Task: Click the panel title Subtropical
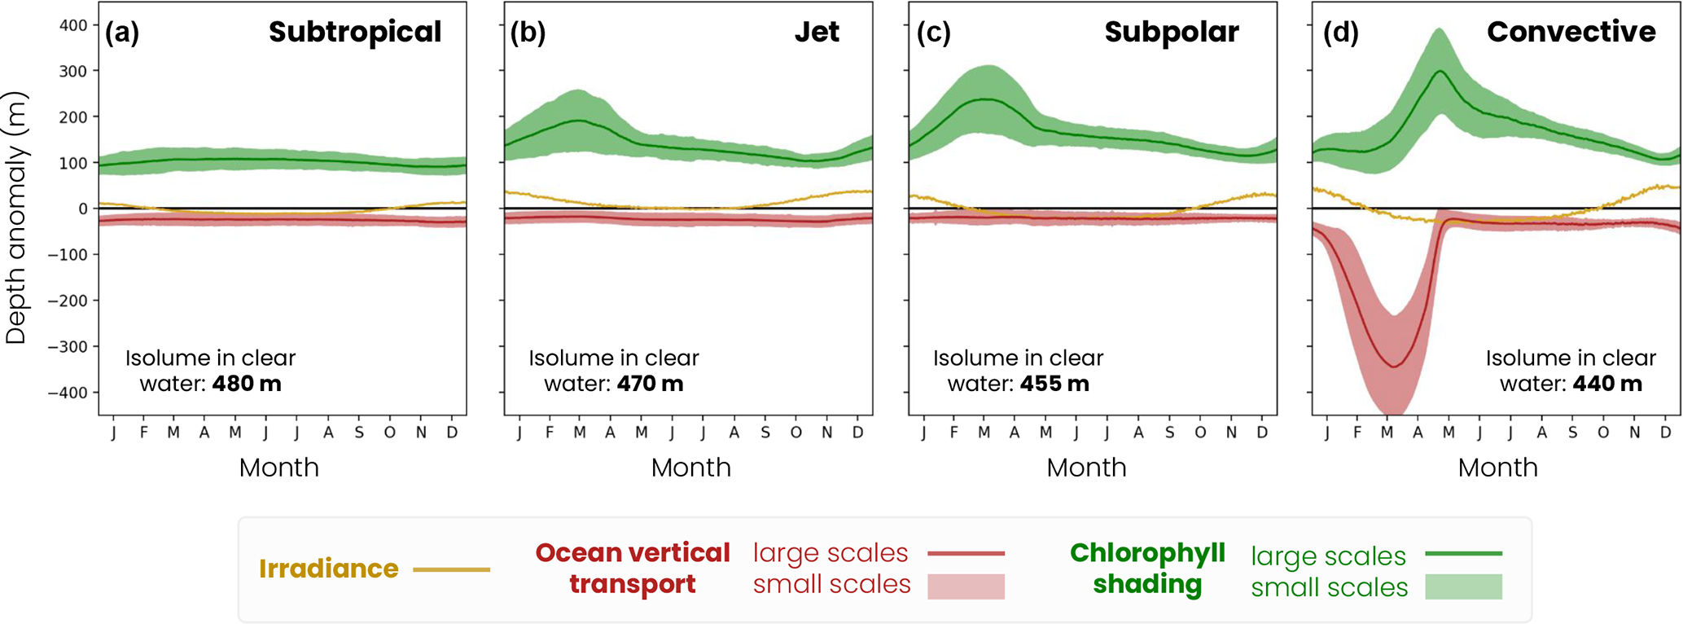pyautogui.click(x=355, y=32)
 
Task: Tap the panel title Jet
pyautogui.click(x=817, y=32)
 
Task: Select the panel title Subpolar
pyautogui.click(x=1172, y=32)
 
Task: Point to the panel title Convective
pyautogui.click(x=1571, y=32)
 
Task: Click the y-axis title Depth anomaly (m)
pyautogui.click(x=16, y=218)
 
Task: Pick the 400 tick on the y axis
pyautogui.click(x=73, y=25)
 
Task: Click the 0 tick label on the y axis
pyautogui.click(x=82, y=209)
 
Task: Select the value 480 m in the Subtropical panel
pyautogui.click(x=247, y=384)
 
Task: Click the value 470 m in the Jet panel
pyautogui.click(x=650, y=384)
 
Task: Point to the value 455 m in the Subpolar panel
pyautogui.click(x=1054, y=384)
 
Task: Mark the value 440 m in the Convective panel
pyautogui.click(x=1607, y=384)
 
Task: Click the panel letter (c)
pyautogui.click(x=933, y=33)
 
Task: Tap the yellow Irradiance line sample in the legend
pyautogui.click(x=451, y=569)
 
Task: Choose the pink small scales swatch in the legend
pyautogui.click(x=966, y=587)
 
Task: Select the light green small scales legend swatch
pyautogui.click(x=1463, y=587)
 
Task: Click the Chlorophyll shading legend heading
pyautogui.click(x=1147, y=569)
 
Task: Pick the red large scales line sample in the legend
pyautogui.click(x=966, y=554)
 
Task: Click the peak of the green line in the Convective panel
pyautogui.click(x=1440, y=71)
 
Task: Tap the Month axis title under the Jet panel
pyautogui.click(x=690, y=468)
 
